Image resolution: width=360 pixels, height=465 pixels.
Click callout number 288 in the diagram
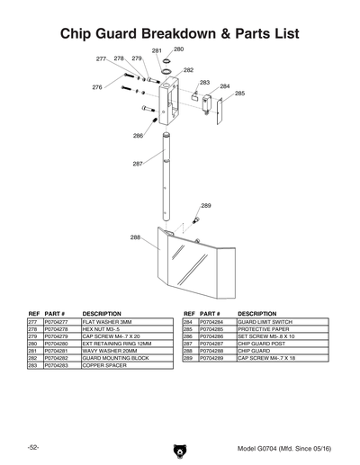point(135,237)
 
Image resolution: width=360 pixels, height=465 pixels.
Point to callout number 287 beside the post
point(138,164)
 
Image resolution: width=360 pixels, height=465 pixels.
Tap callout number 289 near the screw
point(206,206)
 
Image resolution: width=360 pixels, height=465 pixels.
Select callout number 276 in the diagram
point(97,87)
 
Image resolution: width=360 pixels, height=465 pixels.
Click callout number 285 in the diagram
point(239,94)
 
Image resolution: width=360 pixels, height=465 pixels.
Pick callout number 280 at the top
point(178,49)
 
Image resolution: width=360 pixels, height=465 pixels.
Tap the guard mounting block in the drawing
point(168,100)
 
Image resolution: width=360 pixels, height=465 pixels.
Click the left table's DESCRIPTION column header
point(102,313)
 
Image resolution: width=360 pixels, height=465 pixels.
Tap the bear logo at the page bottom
point(180,450)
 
